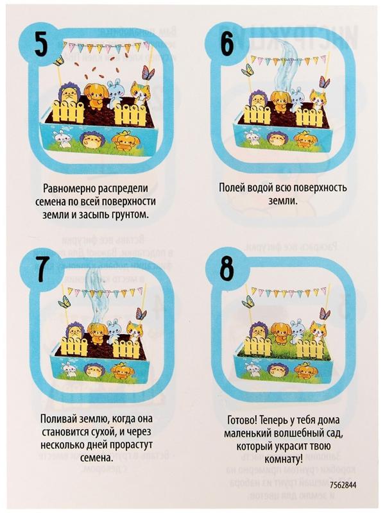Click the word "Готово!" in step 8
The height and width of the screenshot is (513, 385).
243,421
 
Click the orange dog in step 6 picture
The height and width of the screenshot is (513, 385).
280,99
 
